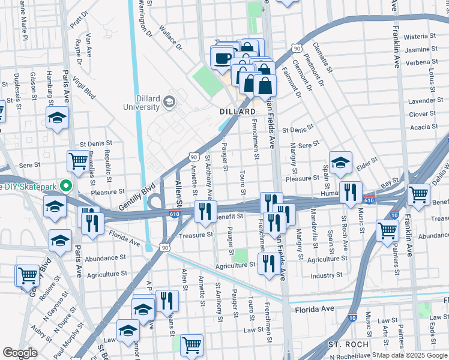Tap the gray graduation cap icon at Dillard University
[x=170, y=102]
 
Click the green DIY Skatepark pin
[x=67, y=186]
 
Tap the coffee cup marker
[x=222, y=59]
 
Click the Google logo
[x=20, y=353]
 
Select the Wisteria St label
[x=432, y=37]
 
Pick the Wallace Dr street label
[x=170, y=37]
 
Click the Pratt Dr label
[x=79, y=22]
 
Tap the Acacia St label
[x=424, y=127]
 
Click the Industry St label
[x=327, y=276]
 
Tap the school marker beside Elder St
[x=340, y=163]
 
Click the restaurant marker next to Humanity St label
[x=350, y=192]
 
